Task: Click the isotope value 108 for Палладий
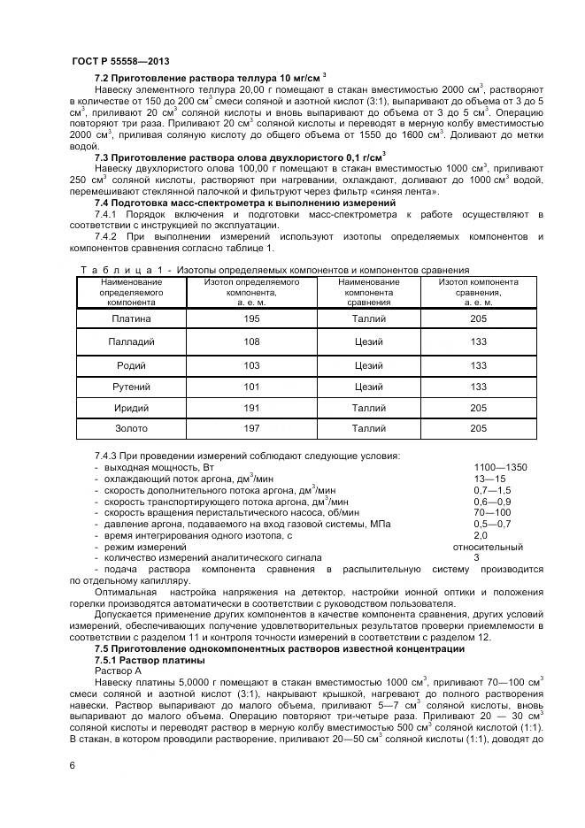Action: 251,341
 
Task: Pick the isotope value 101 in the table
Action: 251,387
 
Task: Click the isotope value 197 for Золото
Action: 251,429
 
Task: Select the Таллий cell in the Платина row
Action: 368,318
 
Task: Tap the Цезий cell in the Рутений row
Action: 368,387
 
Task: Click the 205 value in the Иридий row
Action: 479,408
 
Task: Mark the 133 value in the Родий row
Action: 479,364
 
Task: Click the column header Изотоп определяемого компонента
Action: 251,291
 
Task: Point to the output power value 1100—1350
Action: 500,467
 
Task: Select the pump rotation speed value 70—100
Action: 492,512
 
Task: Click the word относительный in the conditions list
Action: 488,547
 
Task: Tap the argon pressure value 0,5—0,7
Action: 492,524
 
